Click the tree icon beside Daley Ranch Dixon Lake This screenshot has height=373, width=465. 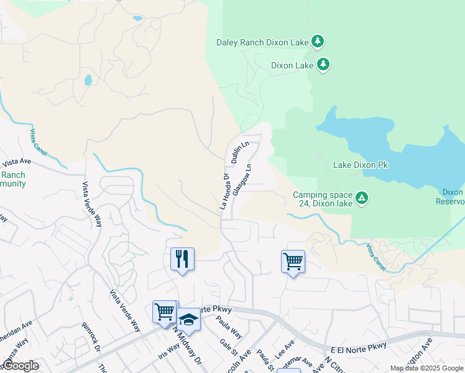point(318,42)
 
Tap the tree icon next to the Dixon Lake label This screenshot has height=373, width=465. point(323,64)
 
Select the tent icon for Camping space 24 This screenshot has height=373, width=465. point(362,198)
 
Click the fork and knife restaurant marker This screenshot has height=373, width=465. point(182,258)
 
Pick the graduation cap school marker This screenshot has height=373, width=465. point(188,320)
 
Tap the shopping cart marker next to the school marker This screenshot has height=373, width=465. point(165,311)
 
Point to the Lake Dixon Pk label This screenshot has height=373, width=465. point(361,165)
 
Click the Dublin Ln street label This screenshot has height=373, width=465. point(239,152)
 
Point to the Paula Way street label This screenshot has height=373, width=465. point(229,327)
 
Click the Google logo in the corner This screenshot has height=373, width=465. point(21,366)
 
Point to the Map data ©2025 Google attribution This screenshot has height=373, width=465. point(426,368)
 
